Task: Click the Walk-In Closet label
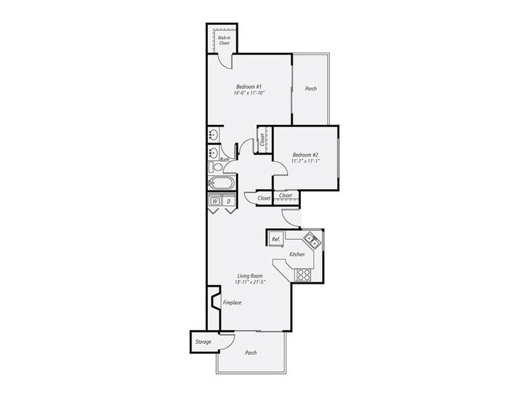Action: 224,41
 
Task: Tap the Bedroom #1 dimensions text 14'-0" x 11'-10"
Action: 249,93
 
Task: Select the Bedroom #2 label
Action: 306,155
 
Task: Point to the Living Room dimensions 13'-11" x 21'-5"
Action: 250,282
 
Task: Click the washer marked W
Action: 215,201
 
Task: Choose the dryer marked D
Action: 229,201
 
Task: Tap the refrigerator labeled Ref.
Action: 276,239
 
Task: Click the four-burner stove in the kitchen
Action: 304,275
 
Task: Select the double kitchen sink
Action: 311,239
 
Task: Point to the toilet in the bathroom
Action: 215,167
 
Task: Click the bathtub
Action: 221,184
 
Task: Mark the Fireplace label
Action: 232,302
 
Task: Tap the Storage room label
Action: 204,342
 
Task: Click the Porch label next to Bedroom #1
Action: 311,89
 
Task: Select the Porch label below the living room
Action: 251,352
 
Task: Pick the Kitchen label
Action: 297,254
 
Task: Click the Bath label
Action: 225,159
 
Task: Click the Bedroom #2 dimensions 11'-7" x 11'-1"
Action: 306,161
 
